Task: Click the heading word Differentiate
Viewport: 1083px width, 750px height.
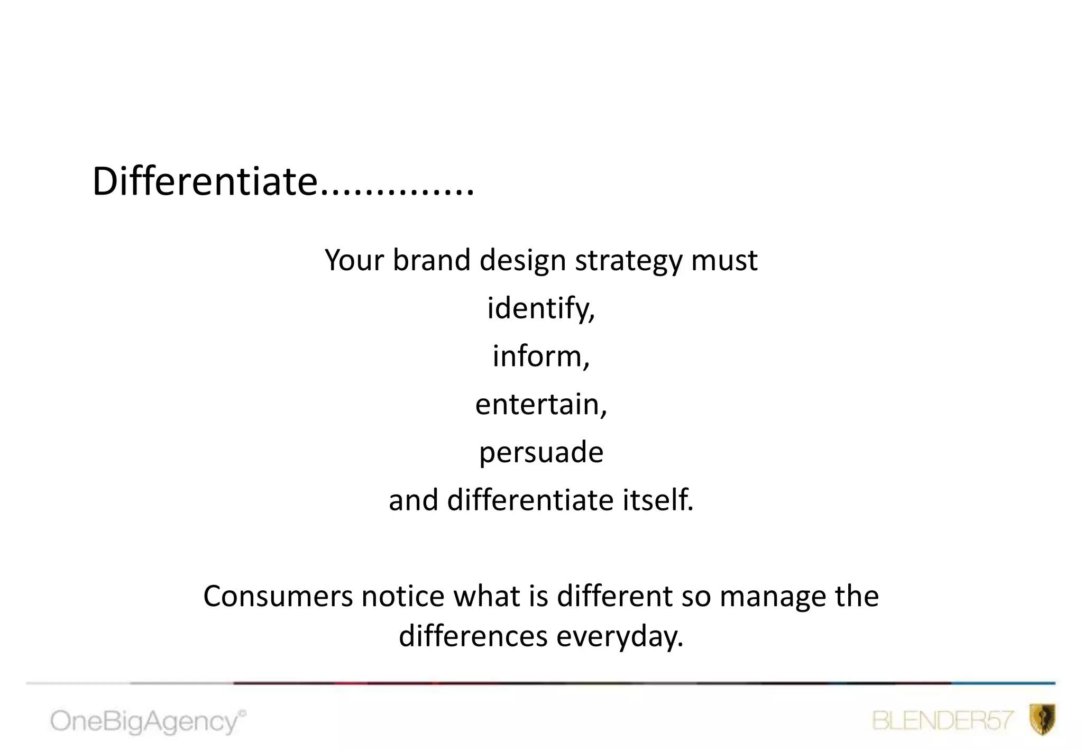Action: coord(205,181)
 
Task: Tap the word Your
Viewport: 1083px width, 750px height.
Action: coord(354,260)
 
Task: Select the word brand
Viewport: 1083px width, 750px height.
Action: coord(432,260)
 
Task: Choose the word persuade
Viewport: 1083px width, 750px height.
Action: coord(541,453)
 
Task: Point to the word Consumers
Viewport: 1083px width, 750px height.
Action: coord(278,596)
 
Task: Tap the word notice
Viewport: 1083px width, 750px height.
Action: coord(403,596)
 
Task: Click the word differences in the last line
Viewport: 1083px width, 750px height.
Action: coord(473,636)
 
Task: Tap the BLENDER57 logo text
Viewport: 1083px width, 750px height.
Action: coord(942,720)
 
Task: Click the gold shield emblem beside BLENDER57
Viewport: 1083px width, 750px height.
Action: coord(1042,719)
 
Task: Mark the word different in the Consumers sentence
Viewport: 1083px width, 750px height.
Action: coord(614,596)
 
